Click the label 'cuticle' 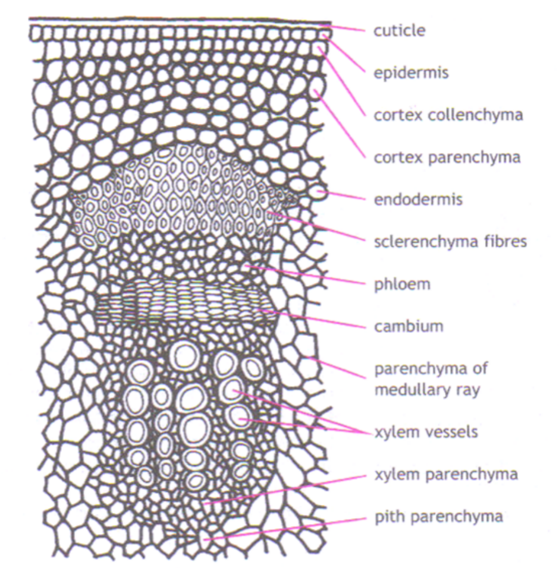click(399, 30)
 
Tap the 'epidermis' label click(410, 73)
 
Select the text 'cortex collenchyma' click(448, 115)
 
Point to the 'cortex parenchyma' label click(447, 157)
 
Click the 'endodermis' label click(417, 199)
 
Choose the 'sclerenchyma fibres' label click(450, 242)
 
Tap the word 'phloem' click(401, 285)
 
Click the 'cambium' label click(409, 326)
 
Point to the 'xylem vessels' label click(426, 432)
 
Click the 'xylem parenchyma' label click(445, 474)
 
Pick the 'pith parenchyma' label click(438, 516)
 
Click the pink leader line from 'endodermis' click(345, 195)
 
